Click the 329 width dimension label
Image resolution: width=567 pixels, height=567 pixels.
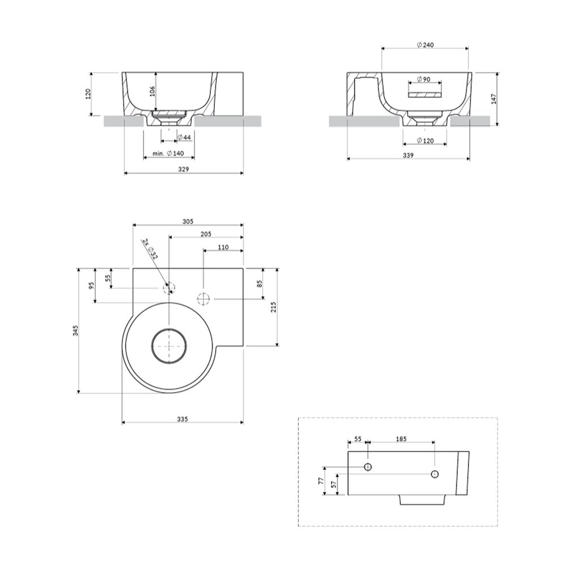(x=184, y=169)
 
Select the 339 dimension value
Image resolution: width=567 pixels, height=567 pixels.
(x=408, y=155)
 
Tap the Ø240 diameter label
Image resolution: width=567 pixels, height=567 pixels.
(x=425, y=45)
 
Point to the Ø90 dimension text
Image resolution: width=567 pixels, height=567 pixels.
(x=424, y=79)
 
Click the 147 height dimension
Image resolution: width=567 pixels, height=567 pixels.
(x=494, y=98)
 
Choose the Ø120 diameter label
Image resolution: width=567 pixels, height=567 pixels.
(x=425, y=140)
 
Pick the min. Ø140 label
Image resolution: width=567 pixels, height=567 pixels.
(x=168, y=153)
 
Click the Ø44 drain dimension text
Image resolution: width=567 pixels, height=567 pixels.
(x=184, y=137)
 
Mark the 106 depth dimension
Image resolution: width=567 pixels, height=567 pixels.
(x=152, y=91)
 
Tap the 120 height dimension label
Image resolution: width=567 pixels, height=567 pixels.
(x=88, y=94)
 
